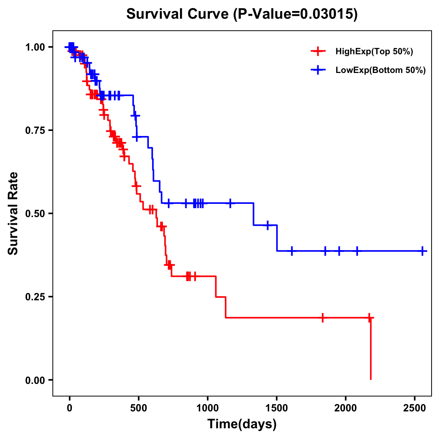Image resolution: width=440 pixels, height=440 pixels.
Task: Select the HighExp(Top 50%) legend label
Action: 374,52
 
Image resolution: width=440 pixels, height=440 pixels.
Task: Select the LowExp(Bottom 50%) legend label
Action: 381,70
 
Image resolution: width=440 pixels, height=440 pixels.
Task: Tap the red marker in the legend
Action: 318,51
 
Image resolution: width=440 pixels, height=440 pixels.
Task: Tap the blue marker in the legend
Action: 318,70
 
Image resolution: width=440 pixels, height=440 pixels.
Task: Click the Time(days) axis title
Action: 242,424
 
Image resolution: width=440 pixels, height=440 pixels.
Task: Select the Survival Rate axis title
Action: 13,213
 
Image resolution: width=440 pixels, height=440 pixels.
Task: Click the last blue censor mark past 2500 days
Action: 422,251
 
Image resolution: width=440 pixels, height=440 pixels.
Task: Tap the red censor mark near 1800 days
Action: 323,318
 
